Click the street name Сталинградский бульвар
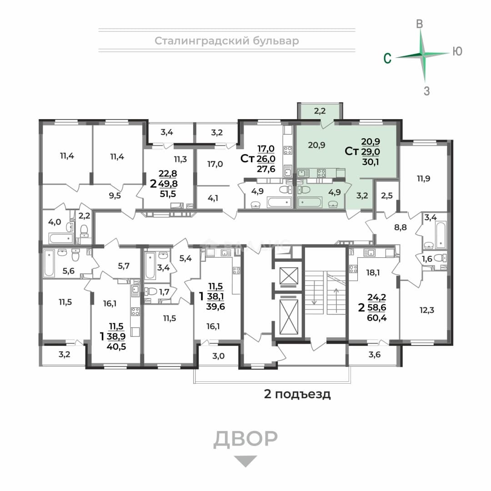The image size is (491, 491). click(x=227, y=41)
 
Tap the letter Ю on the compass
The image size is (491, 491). click(x=457, y=51)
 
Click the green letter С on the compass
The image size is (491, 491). click(x=388, y=58)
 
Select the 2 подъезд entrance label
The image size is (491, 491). click(x=297, y=394)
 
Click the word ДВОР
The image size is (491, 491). click(x=245, y=438)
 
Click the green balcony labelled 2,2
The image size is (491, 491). click(x=320, y=111)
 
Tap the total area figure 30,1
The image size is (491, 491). click(x=371, y=162)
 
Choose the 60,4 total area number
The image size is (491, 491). click(x=377, y=318)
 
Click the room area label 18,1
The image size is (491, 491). click(x=373, y=273)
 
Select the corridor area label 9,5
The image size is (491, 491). click(x=115, y=196)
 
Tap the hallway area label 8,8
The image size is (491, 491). click(x=401, y=227)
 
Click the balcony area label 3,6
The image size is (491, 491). click(x=375, y=355)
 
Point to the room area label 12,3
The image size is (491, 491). click(x=427, y=311)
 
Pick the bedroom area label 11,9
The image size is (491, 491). click(x=423, y=179)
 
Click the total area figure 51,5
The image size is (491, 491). click(x=168, y=194)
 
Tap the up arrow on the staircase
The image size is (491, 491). click(x=336, y=300)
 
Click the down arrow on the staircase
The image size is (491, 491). click(x=314, y=292)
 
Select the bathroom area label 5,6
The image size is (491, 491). click(x=68, y=271)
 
